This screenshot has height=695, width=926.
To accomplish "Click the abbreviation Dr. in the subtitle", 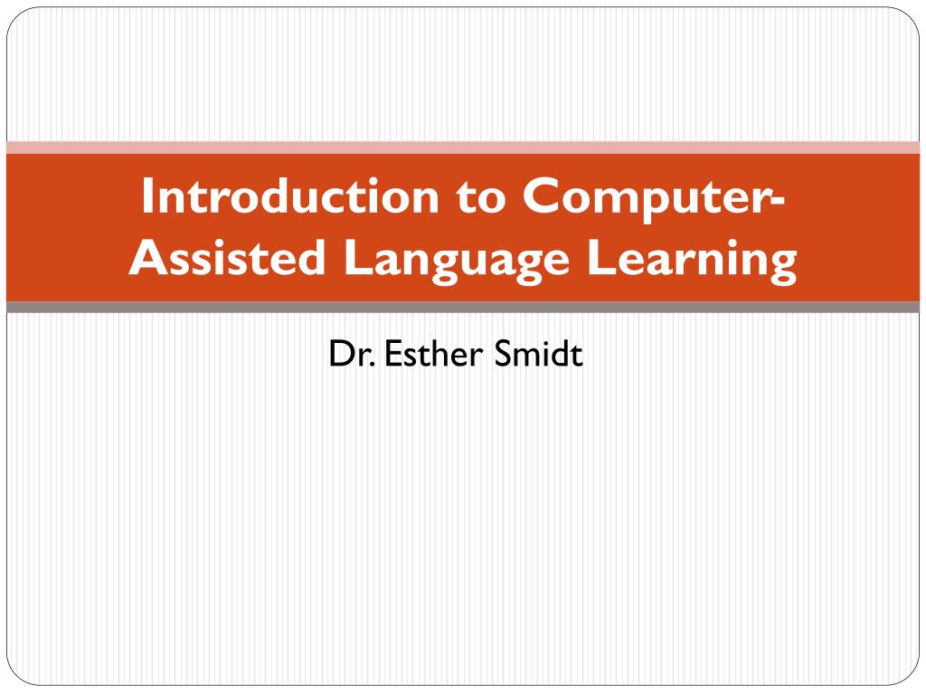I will [352, 354].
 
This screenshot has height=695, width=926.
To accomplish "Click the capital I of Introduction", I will [147, 196].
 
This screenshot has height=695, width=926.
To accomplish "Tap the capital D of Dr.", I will [339, 354].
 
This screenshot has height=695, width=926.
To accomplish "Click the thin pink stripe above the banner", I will [463, 148].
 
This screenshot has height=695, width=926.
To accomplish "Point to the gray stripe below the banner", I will [463, 308].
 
